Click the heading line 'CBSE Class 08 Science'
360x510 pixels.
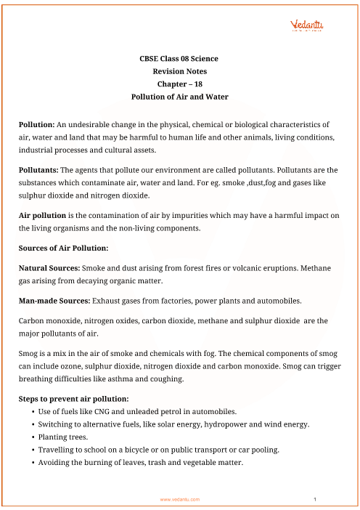178,58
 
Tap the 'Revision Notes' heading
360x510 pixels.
178,71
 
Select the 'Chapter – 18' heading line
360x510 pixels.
178,84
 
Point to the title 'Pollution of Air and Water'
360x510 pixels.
178,97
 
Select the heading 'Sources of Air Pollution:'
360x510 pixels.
63,248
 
